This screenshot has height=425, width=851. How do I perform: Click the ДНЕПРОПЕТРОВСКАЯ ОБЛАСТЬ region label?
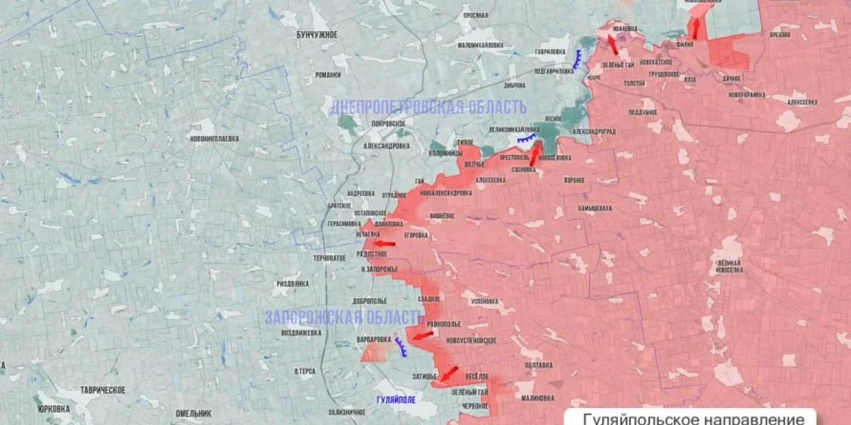tap(428, 108)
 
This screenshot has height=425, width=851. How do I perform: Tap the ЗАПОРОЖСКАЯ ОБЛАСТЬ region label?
tap(344, 317)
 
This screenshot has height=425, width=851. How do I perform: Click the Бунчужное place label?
tap(316, 34)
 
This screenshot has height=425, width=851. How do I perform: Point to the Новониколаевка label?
tap(214, 139)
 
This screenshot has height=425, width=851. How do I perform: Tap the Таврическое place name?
tap(103, 390)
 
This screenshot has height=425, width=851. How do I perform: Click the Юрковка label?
tap(54, 409)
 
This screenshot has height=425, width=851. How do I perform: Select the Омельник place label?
tap(194, 413)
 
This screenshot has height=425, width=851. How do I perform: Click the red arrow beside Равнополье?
tap(423, 334)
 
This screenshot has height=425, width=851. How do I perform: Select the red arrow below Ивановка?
tap(611, 44)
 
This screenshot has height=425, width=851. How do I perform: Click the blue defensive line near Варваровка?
tap(401, 346)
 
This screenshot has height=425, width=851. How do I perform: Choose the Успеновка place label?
tap(484, 301)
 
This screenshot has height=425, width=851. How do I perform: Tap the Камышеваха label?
tap(594, 209)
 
